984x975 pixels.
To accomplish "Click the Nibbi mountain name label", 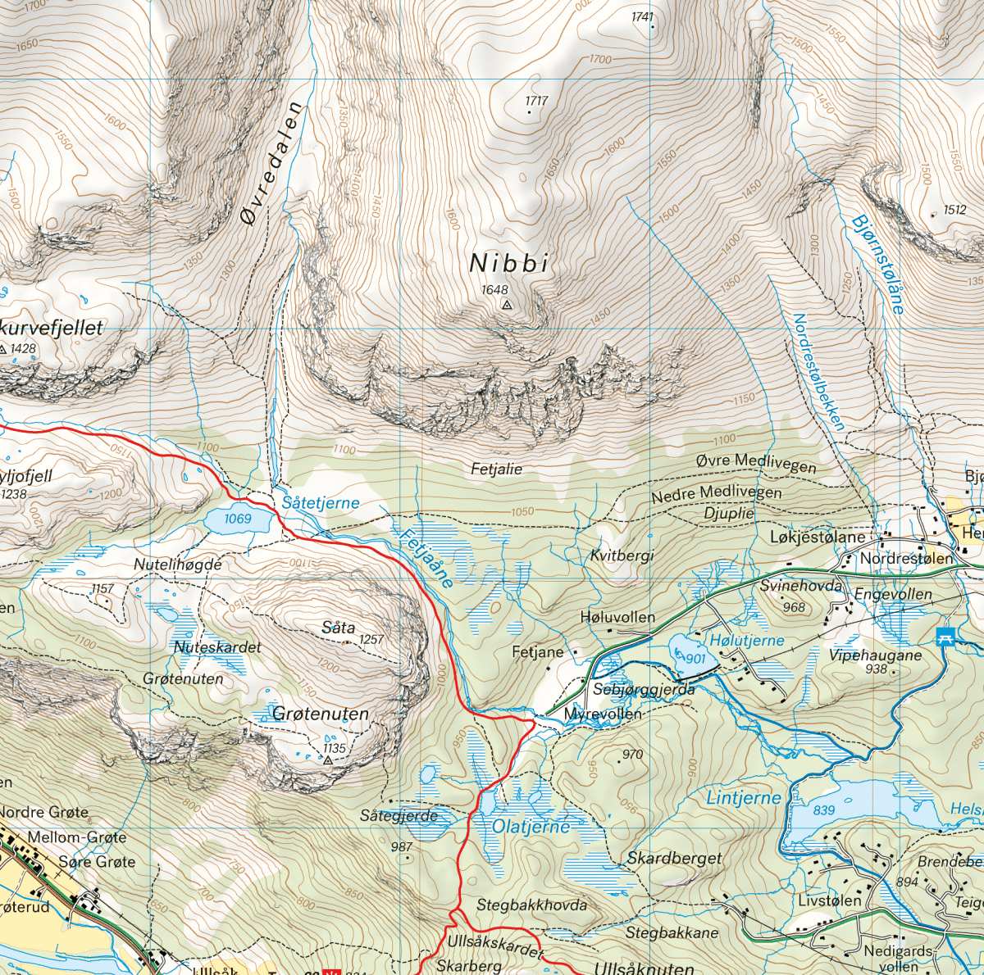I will [x=508, y=264].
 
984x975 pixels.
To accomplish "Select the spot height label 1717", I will [x=536, y=101].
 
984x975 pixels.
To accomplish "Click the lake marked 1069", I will [x=238, y=519].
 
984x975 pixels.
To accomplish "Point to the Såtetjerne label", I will [x=320, y=502].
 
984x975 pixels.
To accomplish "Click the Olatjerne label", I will [x=531, y=827].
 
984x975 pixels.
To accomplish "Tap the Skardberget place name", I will [x=674, y=858].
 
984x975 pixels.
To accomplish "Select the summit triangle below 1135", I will [x=329, y=761].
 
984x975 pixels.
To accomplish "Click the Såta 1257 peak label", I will [x=339, y=628].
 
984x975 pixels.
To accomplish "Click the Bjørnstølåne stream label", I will [x=877, y=263].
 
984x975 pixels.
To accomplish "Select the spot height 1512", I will [x=954, y=210].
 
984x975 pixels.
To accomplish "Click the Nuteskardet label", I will [x=217, y=647].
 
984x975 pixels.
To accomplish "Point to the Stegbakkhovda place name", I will [x=531, y=905].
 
